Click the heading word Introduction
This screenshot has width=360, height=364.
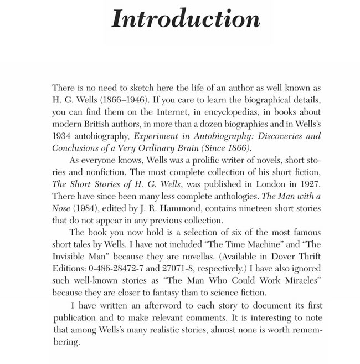click(186, 18)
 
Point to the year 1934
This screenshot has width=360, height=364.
click(62, 136)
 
